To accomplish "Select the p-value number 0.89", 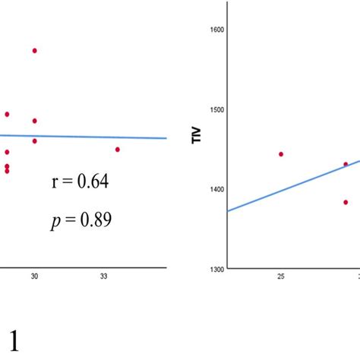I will point(96,219).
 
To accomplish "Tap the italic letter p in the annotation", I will point(54,221).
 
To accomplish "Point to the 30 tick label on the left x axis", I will point(34,277).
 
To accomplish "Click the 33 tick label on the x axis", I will point(104,277).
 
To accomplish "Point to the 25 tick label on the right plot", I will point(281,277).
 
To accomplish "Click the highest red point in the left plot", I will point(35,51).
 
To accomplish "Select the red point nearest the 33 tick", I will point(118,150).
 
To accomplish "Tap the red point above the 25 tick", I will point(281,154).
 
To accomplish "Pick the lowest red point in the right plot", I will point(346,202).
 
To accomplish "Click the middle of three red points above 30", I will point(35,121).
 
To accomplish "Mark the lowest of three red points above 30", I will point(35,141).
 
